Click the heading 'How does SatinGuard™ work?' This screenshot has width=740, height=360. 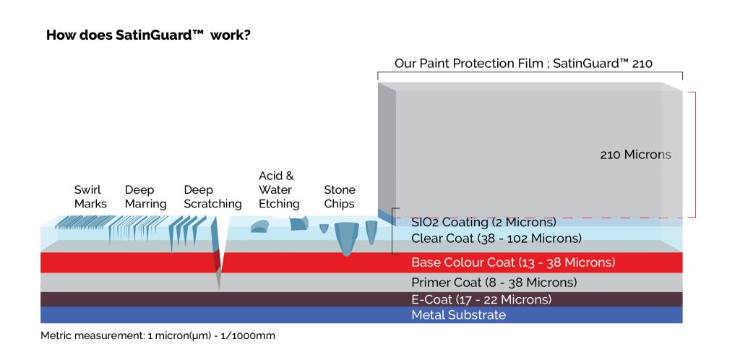148,35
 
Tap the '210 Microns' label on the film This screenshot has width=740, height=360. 635,155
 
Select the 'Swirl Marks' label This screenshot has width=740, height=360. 90,197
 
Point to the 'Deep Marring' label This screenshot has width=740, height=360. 145,197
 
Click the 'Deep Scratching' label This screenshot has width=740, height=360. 212,197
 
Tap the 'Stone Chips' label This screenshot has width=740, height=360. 340,197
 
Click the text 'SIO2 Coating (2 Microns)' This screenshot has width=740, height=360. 483,222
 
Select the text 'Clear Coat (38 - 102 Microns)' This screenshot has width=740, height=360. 496,238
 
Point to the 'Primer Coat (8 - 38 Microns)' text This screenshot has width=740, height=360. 494,282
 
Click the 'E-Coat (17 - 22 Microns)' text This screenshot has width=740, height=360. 481,299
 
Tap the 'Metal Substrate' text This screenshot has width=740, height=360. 458,315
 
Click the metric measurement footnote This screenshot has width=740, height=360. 158,336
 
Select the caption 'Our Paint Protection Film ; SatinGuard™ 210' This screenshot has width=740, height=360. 523,64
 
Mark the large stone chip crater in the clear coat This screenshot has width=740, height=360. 347,238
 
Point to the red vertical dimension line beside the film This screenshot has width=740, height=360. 694,155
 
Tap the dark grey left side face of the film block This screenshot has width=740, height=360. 387,148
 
